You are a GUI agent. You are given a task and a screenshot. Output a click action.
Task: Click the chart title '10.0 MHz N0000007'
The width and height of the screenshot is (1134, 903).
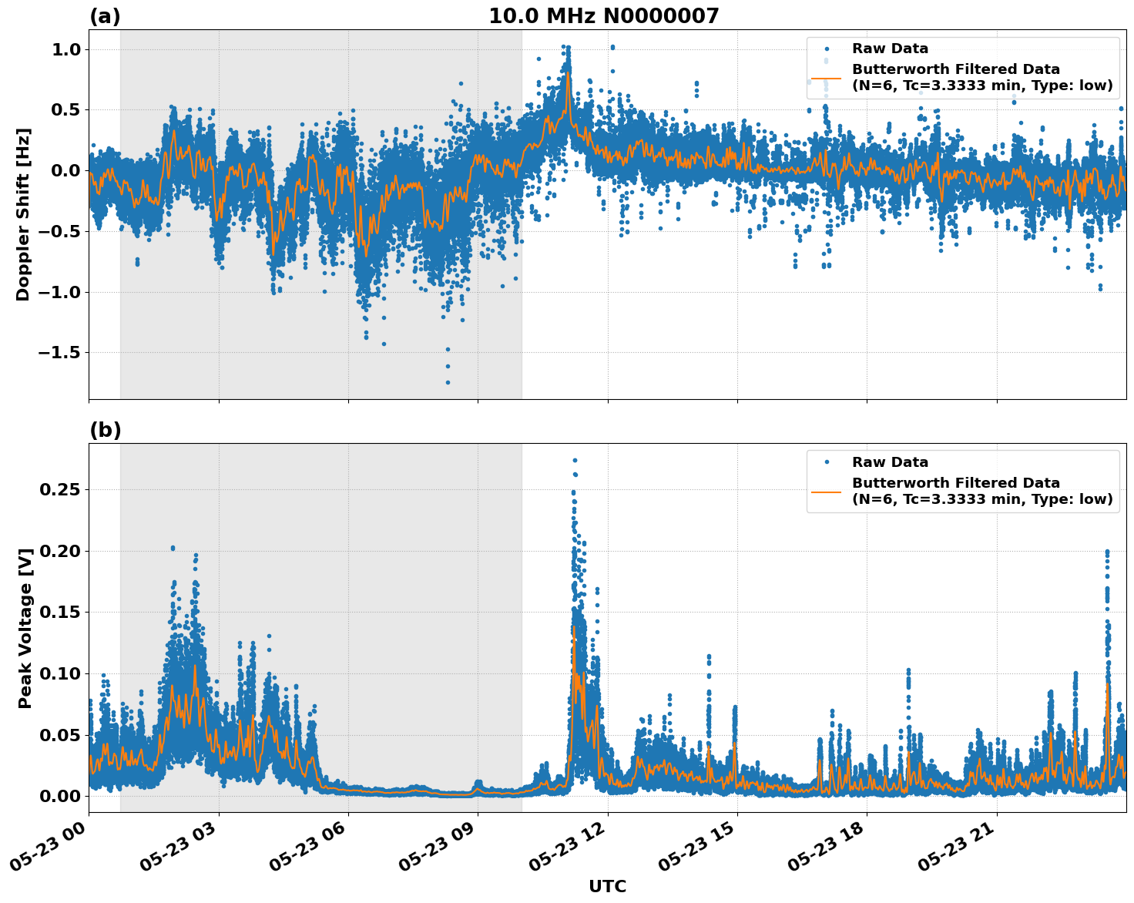pyautogui.click(x=604, y=16)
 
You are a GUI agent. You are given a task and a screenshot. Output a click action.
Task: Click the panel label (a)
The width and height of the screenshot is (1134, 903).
pyautogui.click(x=105, y=16)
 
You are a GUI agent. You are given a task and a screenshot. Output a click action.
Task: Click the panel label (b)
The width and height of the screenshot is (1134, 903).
pyautogui.click(x=105, y=430)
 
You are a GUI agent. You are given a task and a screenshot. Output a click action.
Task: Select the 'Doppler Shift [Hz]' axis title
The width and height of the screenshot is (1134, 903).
pyautogui.click(x=23, y=214)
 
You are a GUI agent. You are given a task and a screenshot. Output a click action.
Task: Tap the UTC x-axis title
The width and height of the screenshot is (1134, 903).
pyautogui.click(x=607, y=886)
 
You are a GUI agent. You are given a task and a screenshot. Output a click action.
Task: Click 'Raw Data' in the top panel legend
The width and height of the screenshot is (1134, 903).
pyautogui.click(x=890, y=49)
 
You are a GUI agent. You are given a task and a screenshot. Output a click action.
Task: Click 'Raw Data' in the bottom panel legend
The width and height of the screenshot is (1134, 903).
pyautogui.click(x=890, y=462)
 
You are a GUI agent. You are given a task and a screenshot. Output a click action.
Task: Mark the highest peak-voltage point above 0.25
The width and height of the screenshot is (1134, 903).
pyautogui.click(x=575, y=461)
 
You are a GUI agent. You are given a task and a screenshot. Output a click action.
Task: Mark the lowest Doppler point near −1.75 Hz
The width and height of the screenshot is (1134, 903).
pyautogui.click(x=448, y=382)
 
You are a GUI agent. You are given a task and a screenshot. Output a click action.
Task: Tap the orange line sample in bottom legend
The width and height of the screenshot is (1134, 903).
pyautogui.click(x=826, y=491)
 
